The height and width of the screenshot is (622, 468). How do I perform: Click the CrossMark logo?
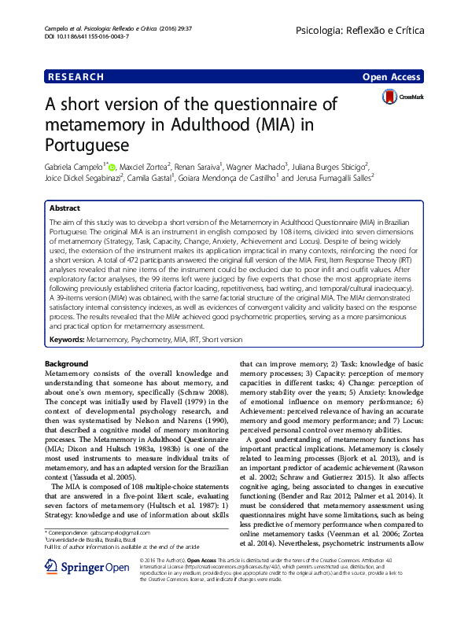[x=402, y=98]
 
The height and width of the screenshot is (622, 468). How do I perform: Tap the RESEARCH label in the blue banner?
[x=76, y=77]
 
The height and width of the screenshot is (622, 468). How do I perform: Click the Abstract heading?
[x=64, y=208]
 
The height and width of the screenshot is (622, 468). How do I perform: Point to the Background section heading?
[x=67, y=364]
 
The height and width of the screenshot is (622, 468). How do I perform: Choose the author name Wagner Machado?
[x=256, y=167]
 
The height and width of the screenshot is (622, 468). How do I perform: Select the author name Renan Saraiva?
[x=198, y=167]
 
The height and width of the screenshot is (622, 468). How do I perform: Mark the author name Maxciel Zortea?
[x=146, y=167]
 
